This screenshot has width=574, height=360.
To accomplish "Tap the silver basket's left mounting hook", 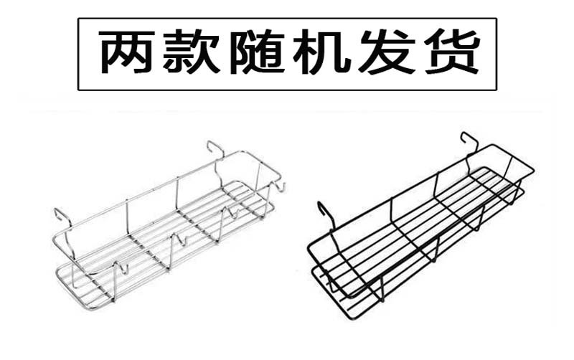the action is [x=61, y=217].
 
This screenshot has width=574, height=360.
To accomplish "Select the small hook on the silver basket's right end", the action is [x=281, y=188].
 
